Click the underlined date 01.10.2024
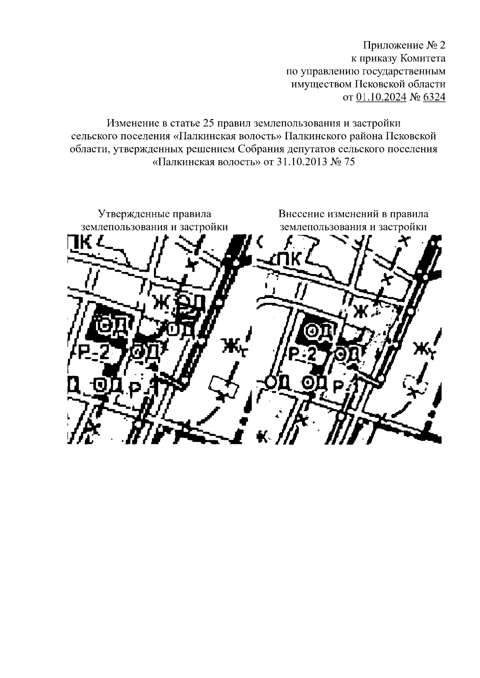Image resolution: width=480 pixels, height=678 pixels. click(x=381, y=97)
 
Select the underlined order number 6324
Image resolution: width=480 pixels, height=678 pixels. click(x=434, y=97)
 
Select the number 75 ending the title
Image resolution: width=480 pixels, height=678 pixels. click(x=349, y=162)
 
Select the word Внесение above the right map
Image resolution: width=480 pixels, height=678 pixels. click(x=302, y=214)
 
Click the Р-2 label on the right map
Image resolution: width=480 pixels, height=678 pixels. click(x=302, y=354)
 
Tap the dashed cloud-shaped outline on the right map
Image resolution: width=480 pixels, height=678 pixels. click(x=416, y=384)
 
